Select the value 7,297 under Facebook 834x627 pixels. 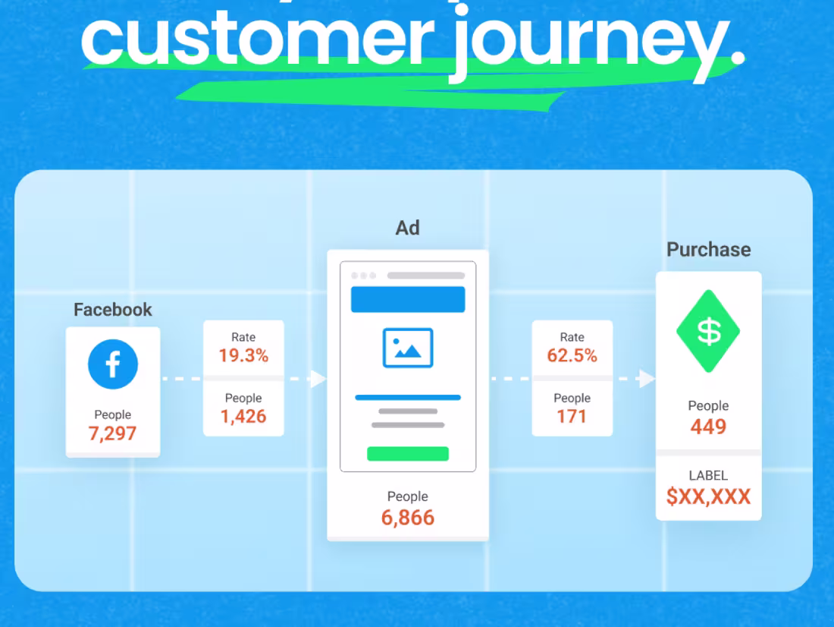[113, 433]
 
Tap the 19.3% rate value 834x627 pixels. [243, 355]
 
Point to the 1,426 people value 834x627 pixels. [243, 416]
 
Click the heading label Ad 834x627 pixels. [408, 228]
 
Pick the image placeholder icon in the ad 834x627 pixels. [408, 348]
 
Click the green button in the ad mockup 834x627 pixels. [408, 454]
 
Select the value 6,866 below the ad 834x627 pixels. [408, 518]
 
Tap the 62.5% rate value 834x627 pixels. [572, 355]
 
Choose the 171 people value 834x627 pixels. [572, 416]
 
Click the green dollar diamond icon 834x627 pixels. [709, 331]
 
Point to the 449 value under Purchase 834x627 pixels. [709, 427]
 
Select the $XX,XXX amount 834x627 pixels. [709, 497]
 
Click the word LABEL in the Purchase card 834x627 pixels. [709, 476]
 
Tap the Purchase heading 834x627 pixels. [709, 250]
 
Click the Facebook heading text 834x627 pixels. [113, 310]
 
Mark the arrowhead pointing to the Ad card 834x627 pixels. [319, 379]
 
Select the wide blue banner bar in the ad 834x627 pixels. [408, 300]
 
